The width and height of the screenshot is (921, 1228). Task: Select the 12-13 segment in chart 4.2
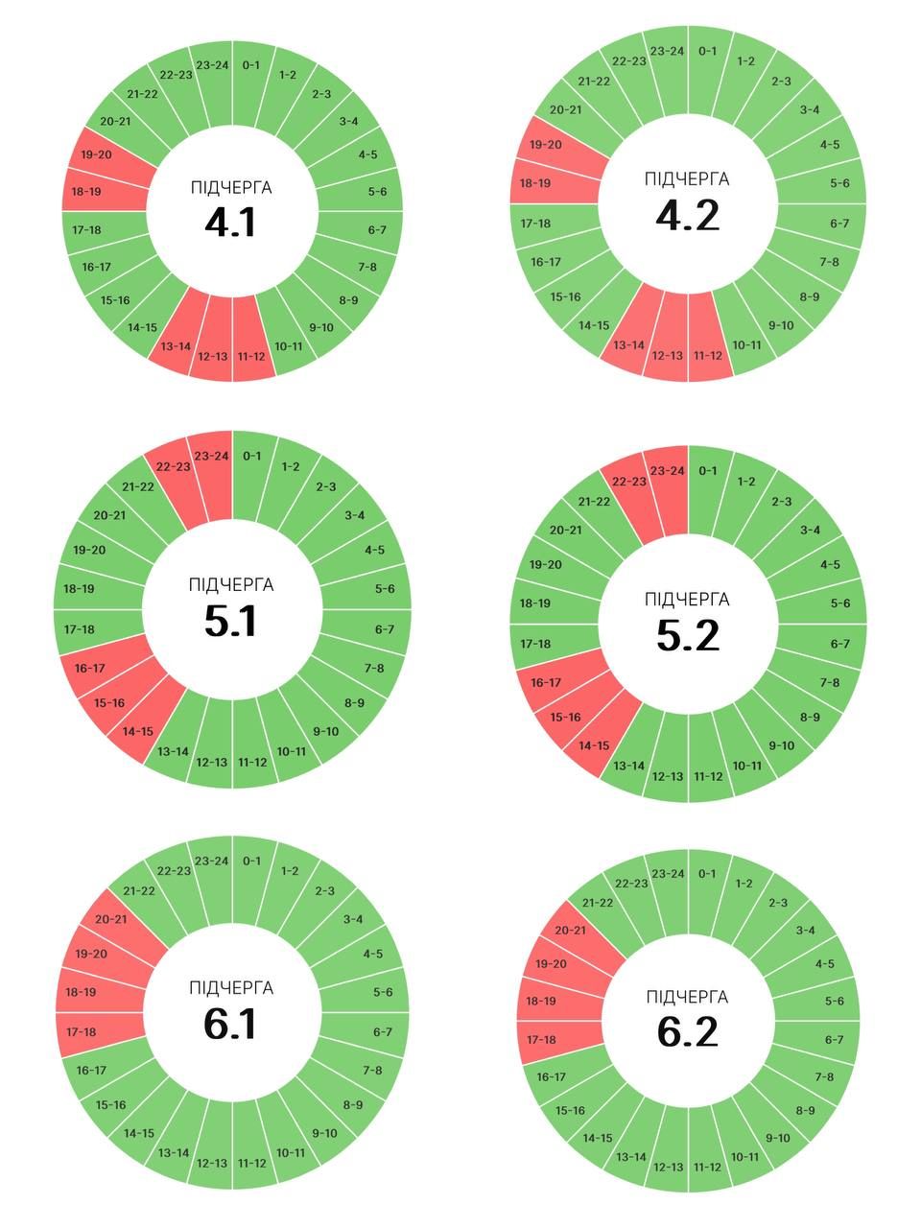(668, 355)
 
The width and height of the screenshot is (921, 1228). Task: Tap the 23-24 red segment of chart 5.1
(211, 457)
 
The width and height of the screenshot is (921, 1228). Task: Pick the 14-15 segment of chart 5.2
(594, 745)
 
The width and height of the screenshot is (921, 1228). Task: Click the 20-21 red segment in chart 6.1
(110, 919)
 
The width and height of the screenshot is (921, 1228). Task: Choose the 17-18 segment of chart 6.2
(541, 1040)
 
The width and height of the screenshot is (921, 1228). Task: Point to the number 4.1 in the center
(230, 223)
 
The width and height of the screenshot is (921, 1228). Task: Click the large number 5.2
(688, 635)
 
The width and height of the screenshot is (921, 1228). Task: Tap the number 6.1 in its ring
(230, 1024)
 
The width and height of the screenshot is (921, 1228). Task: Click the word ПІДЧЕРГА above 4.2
(687, 179)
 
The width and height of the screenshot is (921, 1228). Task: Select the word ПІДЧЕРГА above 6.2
(687, 998)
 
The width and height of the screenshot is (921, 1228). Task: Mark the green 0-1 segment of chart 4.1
(251, 65)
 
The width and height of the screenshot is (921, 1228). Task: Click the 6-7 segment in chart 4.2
(839, 224)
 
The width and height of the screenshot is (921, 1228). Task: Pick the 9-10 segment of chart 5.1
(325, 732)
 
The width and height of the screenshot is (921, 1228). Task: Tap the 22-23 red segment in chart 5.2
(628, 482)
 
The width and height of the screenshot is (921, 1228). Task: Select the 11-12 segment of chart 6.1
(251, 1164)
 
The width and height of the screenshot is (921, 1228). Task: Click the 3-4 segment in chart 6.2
(805, 931)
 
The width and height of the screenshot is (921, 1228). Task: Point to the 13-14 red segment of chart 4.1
(176, 346)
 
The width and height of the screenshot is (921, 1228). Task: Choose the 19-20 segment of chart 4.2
(545, 145)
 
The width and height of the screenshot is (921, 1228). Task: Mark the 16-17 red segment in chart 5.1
(89, 669)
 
